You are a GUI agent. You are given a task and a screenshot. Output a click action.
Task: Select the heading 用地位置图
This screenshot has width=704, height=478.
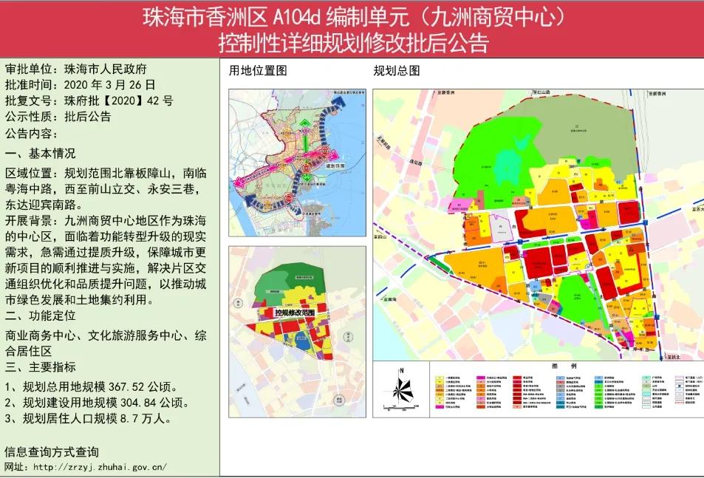(257, 71)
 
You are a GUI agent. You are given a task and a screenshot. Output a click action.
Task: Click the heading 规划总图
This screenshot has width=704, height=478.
(397, 71)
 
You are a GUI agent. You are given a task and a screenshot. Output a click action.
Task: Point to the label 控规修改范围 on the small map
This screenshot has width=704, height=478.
(295, 313)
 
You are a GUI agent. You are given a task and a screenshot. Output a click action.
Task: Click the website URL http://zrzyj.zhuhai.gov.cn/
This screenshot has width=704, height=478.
(100, 467)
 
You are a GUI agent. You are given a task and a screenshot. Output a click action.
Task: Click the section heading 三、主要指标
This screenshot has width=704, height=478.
(41, 367)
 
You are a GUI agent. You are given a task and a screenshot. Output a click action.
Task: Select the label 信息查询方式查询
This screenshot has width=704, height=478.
(52, 452)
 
